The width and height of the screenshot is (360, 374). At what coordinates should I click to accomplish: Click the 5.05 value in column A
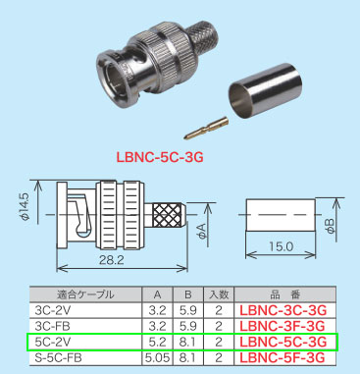pyautogui.click(x=157, y=357)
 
